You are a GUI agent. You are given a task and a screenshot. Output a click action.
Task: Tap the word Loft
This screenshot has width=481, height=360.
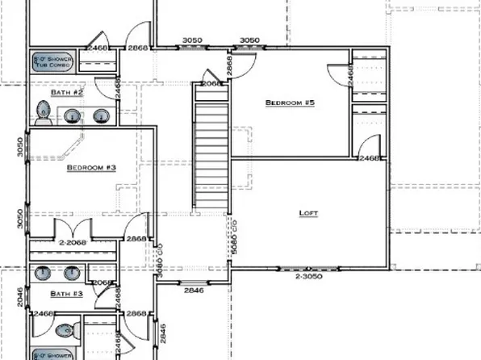click(x=308, y=213)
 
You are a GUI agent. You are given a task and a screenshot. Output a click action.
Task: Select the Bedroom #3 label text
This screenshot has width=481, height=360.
click(x=91, y=168)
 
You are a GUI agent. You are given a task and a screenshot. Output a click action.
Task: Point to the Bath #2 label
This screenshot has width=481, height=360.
click(x=67, y=93)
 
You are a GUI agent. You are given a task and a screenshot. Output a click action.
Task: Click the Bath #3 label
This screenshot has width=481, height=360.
click(x=66, y=294)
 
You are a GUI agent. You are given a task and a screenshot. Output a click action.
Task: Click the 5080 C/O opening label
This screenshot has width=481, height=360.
click(x=233, y=239)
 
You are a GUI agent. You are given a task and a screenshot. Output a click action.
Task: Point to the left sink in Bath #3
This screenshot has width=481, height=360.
click(x=44, y=272)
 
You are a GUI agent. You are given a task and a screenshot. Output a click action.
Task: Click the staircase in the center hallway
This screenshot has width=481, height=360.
click(x=210, y=145)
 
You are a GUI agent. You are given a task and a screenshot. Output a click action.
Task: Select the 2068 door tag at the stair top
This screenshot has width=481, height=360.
click(x=210, y=83)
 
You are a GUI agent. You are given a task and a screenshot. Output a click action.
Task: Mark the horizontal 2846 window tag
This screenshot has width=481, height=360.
click(x=194, y=289)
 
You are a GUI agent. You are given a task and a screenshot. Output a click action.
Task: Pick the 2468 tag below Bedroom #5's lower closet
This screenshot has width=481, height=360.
click(x=370, y=159)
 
